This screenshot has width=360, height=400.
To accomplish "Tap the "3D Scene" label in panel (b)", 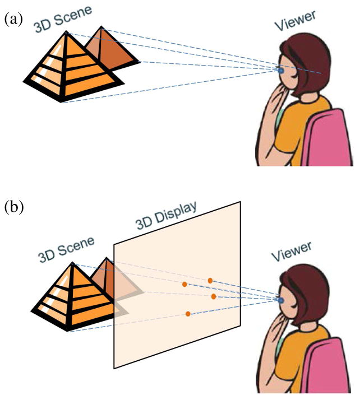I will click(66, 249).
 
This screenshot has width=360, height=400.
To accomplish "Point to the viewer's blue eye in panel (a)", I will click(281, 71).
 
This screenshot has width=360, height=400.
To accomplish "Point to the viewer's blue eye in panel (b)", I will click(281, 300).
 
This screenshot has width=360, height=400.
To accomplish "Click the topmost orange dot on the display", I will click(210, 280).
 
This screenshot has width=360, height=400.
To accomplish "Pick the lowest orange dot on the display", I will click(188, 314).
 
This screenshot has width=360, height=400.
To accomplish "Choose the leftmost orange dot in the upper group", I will click(184, 285).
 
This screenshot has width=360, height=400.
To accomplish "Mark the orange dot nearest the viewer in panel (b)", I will click(214, 296).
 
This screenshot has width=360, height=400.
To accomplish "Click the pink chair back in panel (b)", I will click(331, 373).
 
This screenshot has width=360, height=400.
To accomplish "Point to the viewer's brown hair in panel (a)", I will click(314, 62).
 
